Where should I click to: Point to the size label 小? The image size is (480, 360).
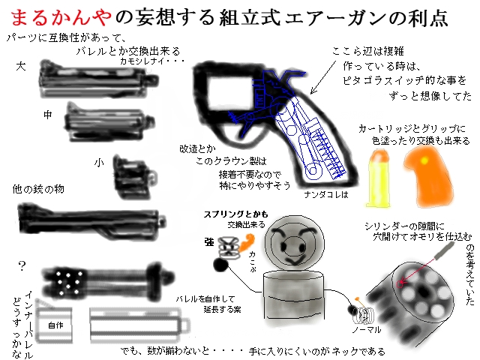99,161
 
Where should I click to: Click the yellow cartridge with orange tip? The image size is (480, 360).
380,177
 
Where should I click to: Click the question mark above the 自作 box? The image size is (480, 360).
22,265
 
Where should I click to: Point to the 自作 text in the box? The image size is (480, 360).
55,325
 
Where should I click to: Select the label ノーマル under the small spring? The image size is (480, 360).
367,329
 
